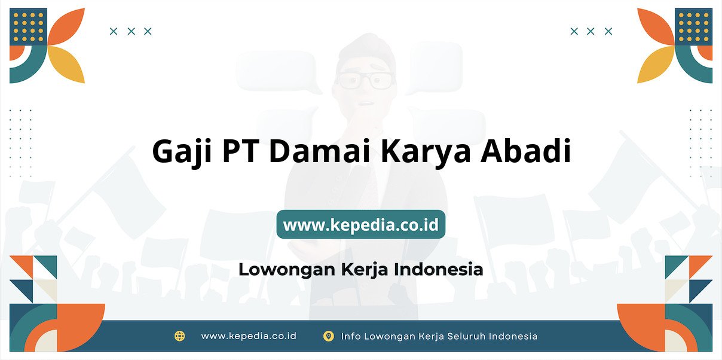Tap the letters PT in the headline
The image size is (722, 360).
coord(241,151)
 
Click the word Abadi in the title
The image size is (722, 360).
coord(526,151)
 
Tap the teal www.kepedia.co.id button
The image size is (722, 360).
coord(361,224)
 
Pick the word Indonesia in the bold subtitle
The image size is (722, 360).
coord(438,269)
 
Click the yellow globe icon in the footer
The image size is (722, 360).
coord(180,336)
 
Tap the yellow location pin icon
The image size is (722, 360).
coord(329,336)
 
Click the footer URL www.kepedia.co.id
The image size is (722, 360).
coord(249,336)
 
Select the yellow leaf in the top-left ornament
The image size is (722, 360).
coord(68,64)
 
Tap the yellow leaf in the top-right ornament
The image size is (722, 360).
coord(655,64)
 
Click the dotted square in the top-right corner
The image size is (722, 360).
coord(694,27)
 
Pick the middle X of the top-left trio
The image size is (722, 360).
coord(131,31)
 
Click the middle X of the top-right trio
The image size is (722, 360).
coord(591,31)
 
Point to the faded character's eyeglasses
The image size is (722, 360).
coord(366,80)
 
